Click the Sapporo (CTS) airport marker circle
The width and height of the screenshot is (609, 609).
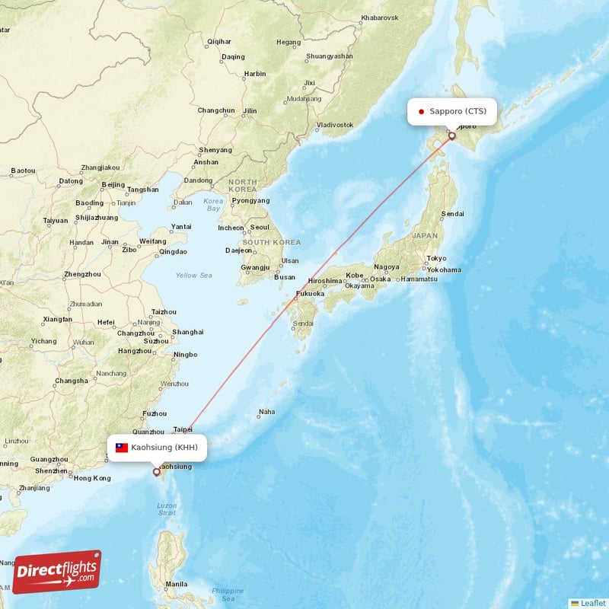pyautogui.click(x=451, y=136)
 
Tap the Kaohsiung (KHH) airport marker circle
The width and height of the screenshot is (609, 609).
pyautogui.click(x=157, y=472)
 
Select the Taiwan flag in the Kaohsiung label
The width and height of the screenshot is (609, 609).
pyautogui.click(x=122, y=448)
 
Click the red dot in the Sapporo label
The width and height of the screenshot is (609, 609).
pyautogui.click(x=421, y=111)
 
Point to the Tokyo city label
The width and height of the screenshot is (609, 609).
pyautogui.click(x=437, y=258)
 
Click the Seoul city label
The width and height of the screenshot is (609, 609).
pyautogui.click(x=260, y=227)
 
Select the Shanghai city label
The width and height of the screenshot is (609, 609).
pyautogui.click(x=188, y=332)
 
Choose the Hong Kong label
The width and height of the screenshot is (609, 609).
pyautogui.click(x=91, y=477)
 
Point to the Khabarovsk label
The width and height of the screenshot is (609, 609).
pyautogui.click(x=380, y=17)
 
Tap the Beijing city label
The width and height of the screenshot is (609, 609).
pyautogui.click(x=113, y=184)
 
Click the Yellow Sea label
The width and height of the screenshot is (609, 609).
pyautogui.click(x=193, y=275)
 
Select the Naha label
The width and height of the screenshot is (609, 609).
pyautogui.click(x=266, y=412)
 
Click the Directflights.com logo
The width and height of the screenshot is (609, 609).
pyautogui.click(x=56, y=572)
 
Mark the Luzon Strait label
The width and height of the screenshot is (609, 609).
pyautogui.click(x=166, y=509)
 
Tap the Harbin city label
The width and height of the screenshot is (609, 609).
pyautogui.click(x=255, y=74)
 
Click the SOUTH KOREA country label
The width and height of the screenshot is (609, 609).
pyautogui.click(x=272, y=242)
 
